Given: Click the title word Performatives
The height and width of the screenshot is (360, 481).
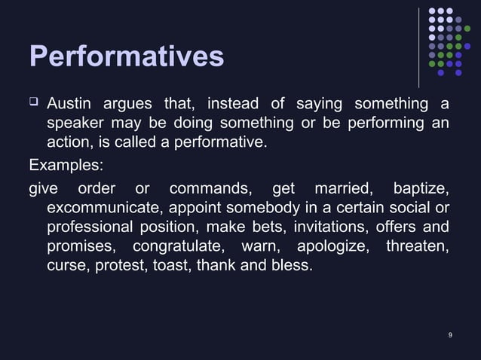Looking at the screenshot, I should [x=126, y=56].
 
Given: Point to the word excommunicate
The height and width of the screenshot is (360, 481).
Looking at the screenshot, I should [x=105, y=207].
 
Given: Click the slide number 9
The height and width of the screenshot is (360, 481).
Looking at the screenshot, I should [x=450, y=334].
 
